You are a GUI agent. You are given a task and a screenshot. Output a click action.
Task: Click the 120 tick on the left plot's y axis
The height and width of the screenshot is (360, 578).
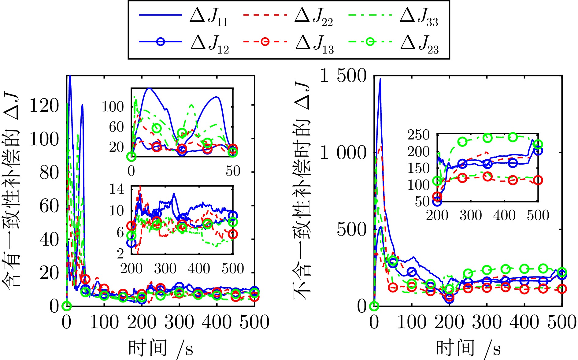(x=44, y=106)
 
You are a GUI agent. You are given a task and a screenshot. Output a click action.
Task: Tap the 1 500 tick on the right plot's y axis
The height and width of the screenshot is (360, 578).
(x=343, y=76)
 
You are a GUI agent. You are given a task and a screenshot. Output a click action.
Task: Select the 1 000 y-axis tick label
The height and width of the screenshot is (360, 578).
(x=343, y=153)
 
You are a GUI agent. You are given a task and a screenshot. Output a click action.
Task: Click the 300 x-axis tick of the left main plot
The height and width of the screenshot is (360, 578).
(x=179, y=322)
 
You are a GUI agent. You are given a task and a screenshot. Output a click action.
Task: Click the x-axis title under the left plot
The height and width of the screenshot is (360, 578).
(x=161, y=348)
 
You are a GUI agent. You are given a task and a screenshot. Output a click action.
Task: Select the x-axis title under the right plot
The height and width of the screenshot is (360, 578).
(x=468, y=348)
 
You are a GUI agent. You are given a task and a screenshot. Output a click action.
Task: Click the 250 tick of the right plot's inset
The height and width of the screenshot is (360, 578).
(x=419, y=135)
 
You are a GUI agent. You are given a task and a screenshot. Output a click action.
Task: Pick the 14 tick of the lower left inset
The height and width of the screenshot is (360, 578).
(x=117, y=189)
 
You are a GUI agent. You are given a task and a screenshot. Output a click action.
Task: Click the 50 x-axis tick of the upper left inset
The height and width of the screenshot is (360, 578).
(x=233, y=171)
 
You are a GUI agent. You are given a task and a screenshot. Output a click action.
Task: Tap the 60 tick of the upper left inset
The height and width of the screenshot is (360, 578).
(x=117, y=127)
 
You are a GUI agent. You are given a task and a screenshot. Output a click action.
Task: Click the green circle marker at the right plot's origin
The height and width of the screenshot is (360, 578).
(x=374, y=306)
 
